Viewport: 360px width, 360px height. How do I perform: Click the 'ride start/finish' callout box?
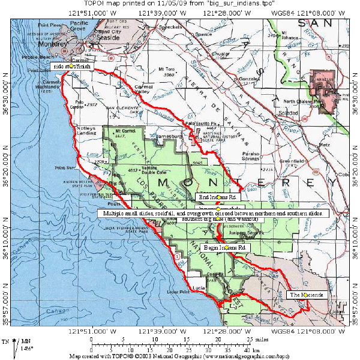click(x=70, y=65)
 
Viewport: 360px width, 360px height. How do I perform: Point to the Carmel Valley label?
click(x=143, y=89)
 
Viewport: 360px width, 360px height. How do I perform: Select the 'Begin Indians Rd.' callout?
click(x=226, y=247)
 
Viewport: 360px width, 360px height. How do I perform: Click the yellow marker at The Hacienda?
click(x=306, y=295)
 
